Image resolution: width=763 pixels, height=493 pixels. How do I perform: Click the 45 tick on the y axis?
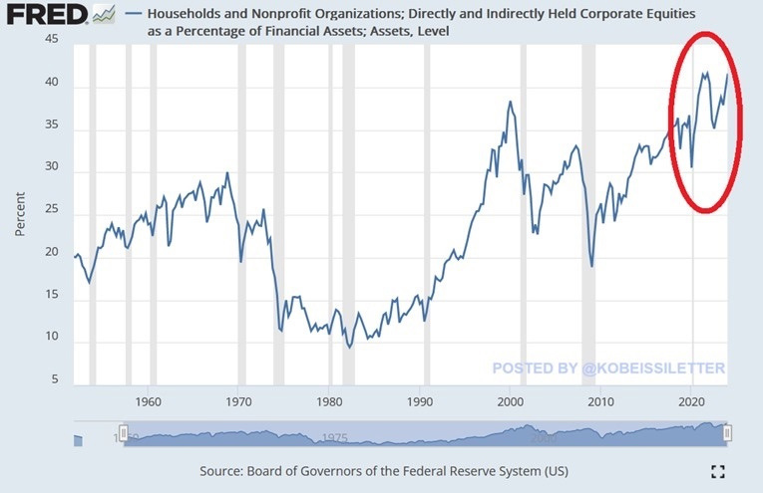[52, 39]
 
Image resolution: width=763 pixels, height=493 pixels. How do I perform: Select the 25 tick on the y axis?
[52, 211]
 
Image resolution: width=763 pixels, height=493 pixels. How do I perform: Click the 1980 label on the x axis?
[330, 401]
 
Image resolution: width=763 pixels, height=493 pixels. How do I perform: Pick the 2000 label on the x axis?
[511, 401]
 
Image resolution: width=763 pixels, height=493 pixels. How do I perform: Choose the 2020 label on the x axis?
[691, 401]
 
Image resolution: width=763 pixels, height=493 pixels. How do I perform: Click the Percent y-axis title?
[20, 211]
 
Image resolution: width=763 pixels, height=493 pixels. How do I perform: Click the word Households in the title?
[187, 15]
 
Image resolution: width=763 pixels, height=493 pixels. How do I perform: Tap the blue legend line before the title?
[136, 16]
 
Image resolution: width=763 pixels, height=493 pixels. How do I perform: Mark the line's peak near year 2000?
[510, 102]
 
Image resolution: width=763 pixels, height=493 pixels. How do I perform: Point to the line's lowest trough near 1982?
[349, 348]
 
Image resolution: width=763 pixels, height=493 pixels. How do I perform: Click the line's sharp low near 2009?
[591, 266]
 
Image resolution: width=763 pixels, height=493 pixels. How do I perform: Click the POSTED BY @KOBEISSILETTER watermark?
[608, 369]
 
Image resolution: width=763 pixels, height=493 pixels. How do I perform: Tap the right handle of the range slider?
[727, 432]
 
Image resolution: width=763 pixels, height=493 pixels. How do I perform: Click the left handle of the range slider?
[125, 432]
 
